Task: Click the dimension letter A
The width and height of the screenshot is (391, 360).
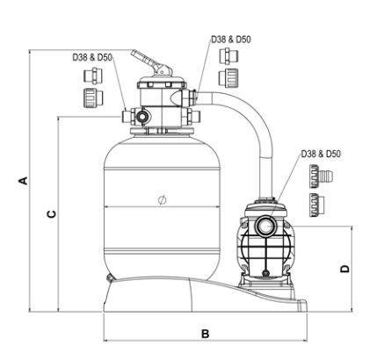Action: point(25,181)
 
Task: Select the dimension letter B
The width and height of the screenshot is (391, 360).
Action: point(206,334)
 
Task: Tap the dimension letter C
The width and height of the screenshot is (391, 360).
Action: point(52,214)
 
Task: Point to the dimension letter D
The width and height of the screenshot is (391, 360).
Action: point(345,269)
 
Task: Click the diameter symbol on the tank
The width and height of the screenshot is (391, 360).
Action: point(162,200)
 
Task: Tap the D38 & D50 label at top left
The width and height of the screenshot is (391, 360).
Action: point(92,57)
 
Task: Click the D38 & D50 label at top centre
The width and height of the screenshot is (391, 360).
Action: point(231,40)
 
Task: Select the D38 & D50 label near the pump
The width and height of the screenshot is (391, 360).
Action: point(321,154)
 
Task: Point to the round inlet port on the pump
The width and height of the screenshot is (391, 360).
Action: point(264,226)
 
